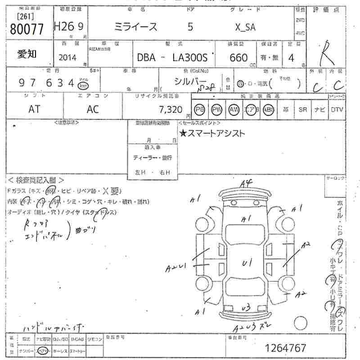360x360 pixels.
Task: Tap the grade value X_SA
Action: [x=245, y=27]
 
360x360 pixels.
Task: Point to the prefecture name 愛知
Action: [x=27, y=54]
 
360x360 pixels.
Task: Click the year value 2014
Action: [x=67, y=57]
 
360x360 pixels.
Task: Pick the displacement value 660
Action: [x=238, y=58]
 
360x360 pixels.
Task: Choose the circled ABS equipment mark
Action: [x=269, y=109]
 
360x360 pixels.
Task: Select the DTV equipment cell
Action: [x=336, y=109]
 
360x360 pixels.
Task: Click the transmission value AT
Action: [x=34, y=108]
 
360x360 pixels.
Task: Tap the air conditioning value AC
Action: [x=93, y=108]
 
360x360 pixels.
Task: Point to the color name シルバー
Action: [x=189, y=81]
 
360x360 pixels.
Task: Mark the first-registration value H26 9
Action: [x=68, y=27]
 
